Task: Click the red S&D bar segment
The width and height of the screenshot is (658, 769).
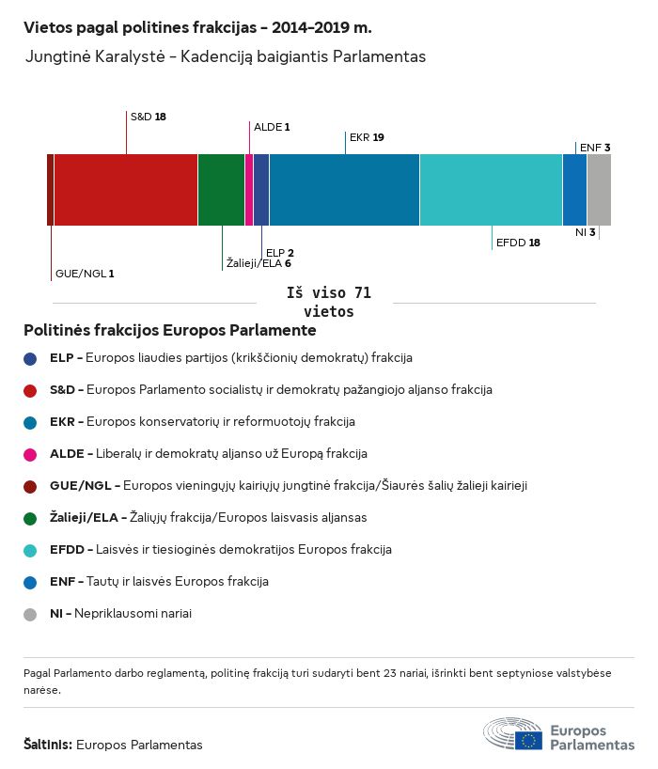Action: pos(125,190)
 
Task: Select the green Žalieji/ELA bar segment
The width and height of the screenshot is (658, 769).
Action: pos(221,190)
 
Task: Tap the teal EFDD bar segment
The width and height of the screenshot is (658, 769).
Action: pos(491,190)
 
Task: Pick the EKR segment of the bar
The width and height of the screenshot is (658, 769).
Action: pos(344,190)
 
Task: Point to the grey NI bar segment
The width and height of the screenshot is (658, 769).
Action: pos(599,190)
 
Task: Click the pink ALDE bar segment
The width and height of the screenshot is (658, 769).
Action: pos(249,190)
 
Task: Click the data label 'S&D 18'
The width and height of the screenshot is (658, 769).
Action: pos(148,117)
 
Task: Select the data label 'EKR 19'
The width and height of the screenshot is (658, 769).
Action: pos(366,137)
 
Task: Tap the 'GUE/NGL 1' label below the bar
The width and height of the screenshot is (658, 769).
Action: pos(85,274)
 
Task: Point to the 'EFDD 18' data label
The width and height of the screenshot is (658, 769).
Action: pos(517,243)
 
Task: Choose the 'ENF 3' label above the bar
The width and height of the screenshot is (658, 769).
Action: pos(595,148)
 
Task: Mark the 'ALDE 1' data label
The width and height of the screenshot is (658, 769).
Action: pos(272,127)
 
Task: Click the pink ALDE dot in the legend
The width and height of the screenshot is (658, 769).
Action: pos(30,454)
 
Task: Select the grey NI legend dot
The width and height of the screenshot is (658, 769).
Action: pos(30,614)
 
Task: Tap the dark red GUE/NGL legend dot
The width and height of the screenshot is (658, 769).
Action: pos(30,486)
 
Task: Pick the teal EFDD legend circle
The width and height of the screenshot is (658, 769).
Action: pos(30,550)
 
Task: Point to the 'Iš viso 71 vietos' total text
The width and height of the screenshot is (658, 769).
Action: pos(329,303)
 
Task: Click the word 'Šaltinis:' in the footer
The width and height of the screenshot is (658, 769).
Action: pos(47,745)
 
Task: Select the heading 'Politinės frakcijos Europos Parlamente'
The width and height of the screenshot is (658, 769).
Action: pos(169,331)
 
